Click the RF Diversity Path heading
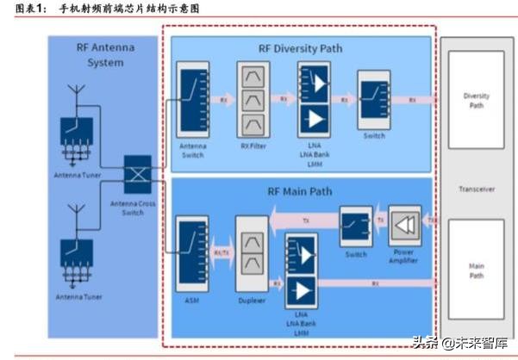(301, 48)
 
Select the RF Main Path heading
(301, 192)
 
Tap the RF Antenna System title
(105, 55)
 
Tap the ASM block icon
(190, 251)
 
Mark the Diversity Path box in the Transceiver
(476, 101)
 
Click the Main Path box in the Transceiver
(476, 272)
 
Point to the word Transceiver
(477, 189)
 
